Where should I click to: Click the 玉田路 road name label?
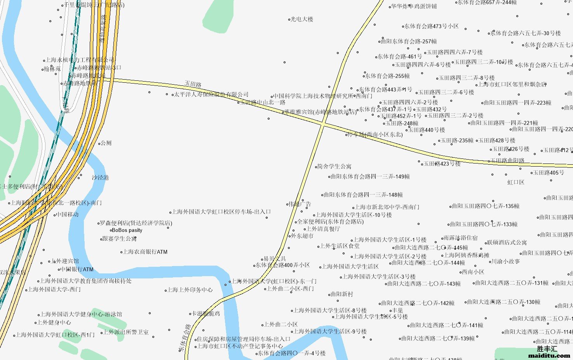pos(193,84)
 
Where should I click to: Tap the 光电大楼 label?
pos(302,19)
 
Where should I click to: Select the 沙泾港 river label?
pos(100,177)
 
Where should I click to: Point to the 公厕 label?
pos(106,143)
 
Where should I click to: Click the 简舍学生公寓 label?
pos(334,166)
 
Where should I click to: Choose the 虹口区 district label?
pos(516,182)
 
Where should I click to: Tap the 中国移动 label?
pos(67,214)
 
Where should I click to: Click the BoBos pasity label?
pos(127,230)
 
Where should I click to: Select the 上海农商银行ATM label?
pos(145,252)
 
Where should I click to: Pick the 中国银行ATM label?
pos(77,269)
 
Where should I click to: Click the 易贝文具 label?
pos(275,259)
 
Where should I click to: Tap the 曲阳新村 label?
pos(341,294)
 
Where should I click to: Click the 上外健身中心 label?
pos(54,322)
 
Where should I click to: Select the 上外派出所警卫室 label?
pos(126,332)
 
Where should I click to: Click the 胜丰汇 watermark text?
pos(547,349)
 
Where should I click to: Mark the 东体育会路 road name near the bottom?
pos(185,337)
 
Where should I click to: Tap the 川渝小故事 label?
pos(505,261)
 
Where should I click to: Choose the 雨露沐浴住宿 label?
pos(460,238)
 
